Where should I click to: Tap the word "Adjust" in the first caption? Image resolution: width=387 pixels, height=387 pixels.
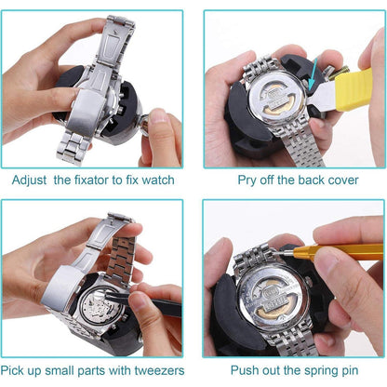(29, 180)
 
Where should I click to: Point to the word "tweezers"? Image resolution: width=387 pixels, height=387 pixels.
(159, 370)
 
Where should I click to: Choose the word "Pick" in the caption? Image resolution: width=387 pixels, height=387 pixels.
(12, 370)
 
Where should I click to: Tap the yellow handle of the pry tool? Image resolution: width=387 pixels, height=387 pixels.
(354, 90)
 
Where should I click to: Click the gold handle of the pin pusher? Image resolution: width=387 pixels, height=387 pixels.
(338, 251)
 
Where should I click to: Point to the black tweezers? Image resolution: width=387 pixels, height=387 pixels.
(142, 301)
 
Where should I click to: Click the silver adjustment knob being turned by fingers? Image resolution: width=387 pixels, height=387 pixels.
(144, 125)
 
